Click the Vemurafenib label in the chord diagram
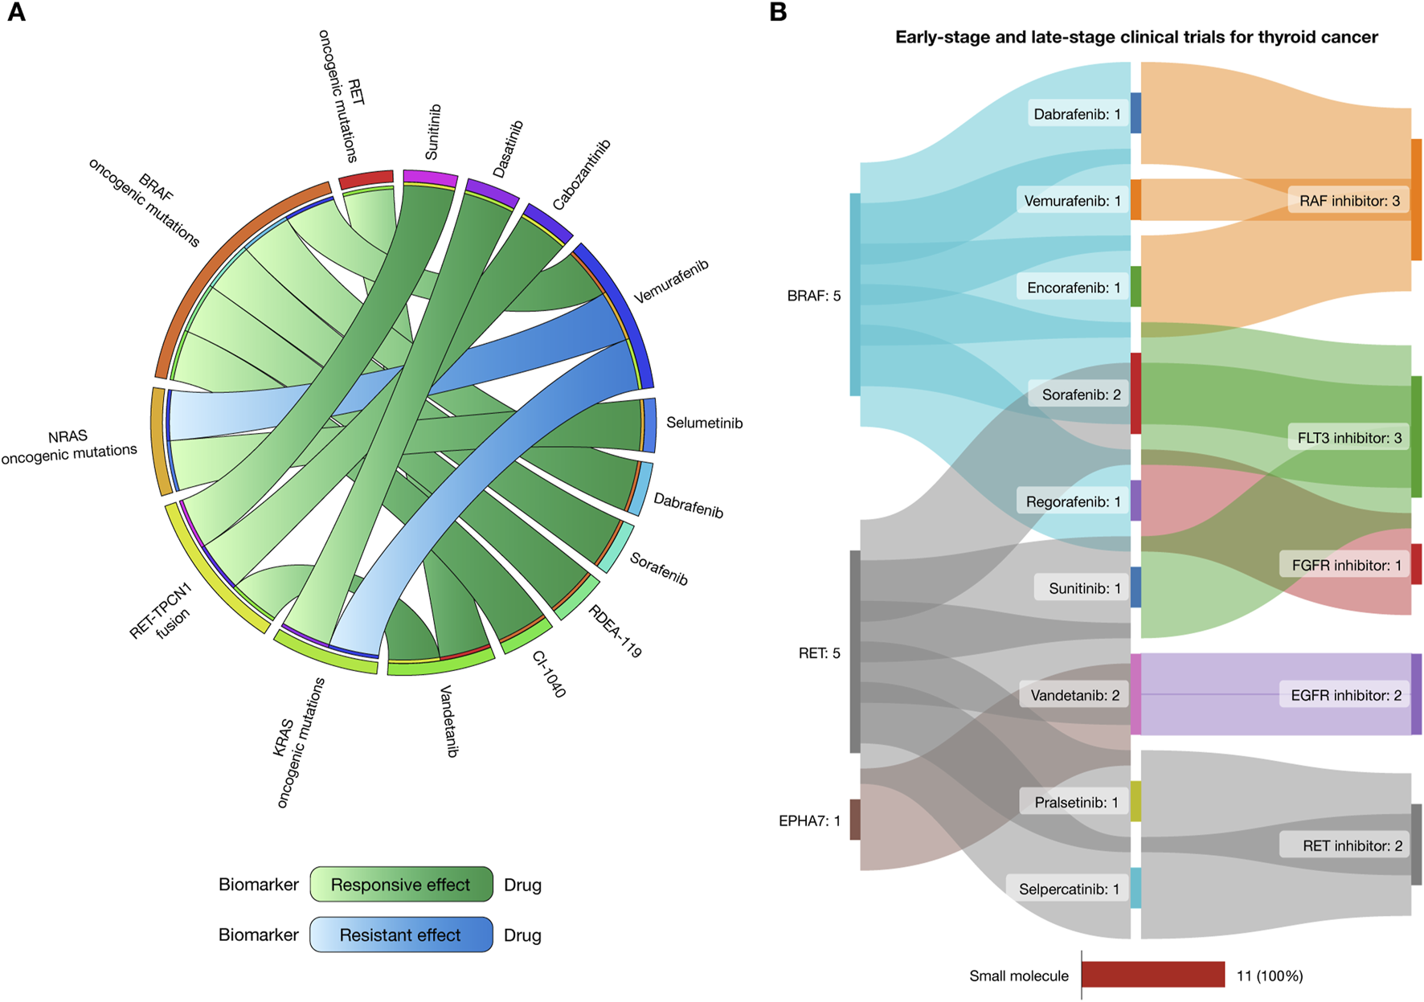[671, 281]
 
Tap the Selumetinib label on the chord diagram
[704, 423]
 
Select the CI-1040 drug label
[550, 673]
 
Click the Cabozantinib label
[581, 174]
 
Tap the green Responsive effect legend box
[401, 885]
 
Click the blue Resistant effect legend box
[401, 935]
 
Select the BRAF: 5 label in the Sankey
[814, 296]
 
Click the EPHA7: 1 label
[809, 820]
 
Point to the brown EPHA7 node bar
[855, 820]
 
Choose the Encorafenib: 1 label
[1074, 288]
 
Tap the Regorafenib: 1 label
[1073, 501]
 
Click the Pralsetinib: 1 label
[1076, 802]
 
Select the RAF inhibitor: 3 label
[1349, 201]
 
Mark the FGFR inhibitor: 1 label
[1346, 565]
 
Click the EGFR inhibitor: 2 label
[1346, 695]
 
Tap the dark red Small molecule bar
[1153, 975]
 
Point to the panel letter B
[778, 13]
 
